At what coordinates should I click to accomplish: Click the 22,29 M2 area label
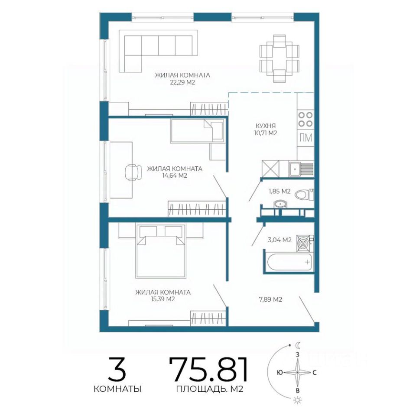[182, 82]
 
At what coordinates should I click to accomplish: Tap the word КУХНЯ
[265, 126]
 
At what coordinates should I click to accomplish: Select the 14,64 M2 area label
[175, 175]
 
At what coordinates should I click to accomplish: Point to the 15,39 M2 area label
[162, 299]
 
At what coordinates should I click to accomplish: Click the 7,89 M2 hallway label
[270, 299]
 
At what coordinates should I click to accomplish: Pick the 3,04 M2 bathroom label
[279, 240]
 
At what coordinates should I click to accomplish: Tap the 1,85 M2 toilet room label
[279, 191]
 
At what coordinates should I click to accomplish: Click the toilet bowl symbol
[304, 195]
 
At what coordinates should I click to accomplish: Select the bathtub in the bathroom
[289, 262]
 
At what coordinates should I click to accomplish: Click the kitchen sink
[301, 169]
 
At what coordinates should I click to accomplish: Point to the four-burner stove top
[305, 119]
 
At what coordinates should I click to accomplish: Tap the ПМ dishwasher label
[305, 138]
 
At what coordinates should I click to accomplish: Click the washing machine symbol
[304, 243]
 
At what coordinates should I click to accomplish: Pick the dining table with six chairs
[279, 58]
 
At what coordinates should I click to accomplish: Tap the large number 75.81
[209, 369]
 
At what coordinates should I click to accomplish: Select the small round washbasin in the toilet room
[280, 204]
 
